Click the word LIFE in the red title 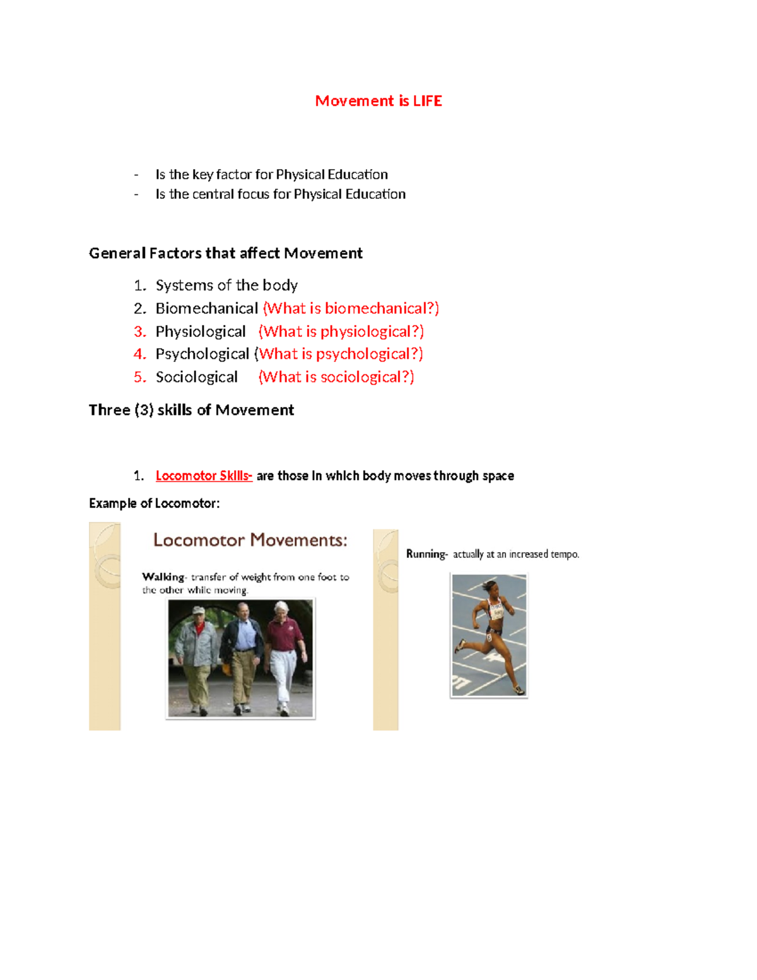(427, 101)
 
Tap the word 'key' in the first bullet (202, 175)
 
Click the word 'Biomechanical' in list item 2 (207, 309)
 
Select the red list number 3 (139, 332)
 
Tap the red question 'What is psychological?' (341, 354)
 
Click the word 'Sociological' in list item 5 (196, 377)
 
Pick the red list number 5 (139, 377)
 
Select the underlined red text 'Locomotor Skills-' (204, 476)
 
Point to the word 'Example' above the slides (112, 504)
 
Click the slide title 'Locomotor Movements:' (250, 540)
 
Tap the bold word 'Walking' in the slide (163, 577)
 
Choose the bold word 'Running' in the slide (426, 554)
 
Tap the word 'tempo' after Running (564, 554)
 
